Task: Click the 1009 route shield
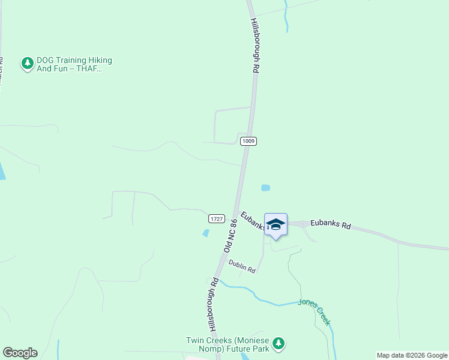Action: (x=249, y=141)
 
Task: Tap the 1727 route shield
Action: (x=217, y=219)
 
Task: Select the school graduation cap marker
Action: (x=276, y=224)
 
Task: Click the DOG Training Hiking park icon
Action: (x=27, y=63)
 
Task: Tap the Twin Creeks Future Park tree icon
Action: (x=278, y=343)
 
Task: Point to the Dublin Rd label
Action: (x=242, y=266)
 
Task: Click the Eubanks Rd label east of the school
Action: (x=330, y=225)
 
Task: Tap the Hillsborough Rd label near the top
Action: (x=255, y=46)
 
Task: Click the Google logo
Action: (x=20, y=353)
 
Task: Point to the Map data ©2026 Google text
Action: (x=412, y=355)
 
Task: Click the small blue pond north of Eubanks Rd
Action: (x=265, y=188)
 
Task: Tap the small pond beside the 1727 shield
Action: (x=206, y=233)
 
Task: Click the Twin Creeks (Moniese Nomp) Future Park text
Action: (x=227, y=344)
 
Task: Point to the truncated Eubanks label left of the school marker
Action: (x=253, y=220)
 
